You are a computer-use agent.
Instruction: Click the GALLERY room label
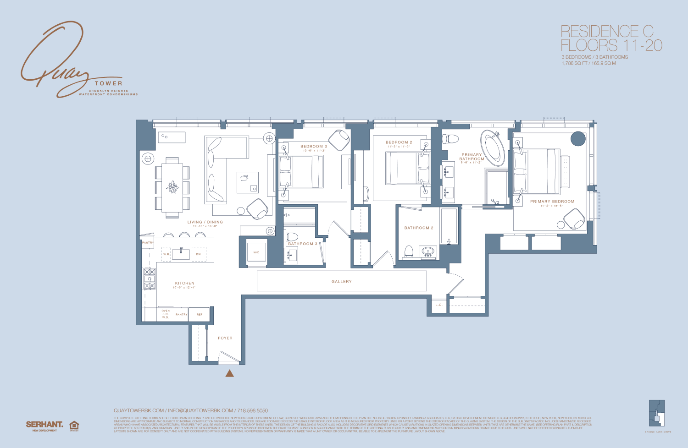click(x=341, y=282)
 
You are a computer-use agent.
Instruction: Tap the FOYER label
click(x=225, y=338)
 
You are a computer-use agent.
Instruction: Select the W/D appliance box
click(x=256, y=252)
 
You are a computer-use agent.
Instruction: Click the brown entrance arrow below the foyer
click(x=230, y=374)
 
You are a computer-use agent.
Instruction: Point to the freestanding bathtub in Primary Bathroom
click(x=493, y=148)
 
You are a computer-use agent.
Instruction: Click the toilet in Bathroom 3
click(x=292, y=236)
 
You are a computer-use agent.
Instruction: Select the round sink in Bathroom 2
click(x=428, y=251)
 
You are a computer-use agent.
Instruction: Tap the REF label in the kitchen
click(x=200, y=315)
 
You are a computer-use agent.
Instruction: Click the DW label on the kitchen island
click(x=199, y=254)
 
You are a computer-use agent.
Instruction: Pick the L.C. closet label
click(x=438, y=305)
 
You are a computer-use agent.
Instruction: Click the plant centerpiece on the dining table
click(x=172, y=187)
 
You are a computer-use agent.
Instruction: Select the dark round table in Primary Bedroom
click(x=578, y=139)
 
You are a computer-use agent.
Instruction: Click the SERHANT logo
click(x=44, y=425)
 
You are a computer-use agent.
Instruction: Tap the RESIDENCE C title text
click(x=607, y=32)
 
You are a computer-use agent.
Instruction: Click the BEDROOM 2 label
click(x=399, y=142)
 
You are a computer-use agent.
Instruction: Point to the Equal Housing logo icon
click(x=74, y=426)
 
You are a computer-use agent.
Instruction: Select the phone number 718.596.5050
click(x=252, y=410)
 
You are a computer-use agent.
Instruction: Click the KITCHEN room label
click(x=184, y=283)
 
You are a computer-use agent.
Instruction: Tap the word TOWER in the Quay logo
click(x=109, y=83)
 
